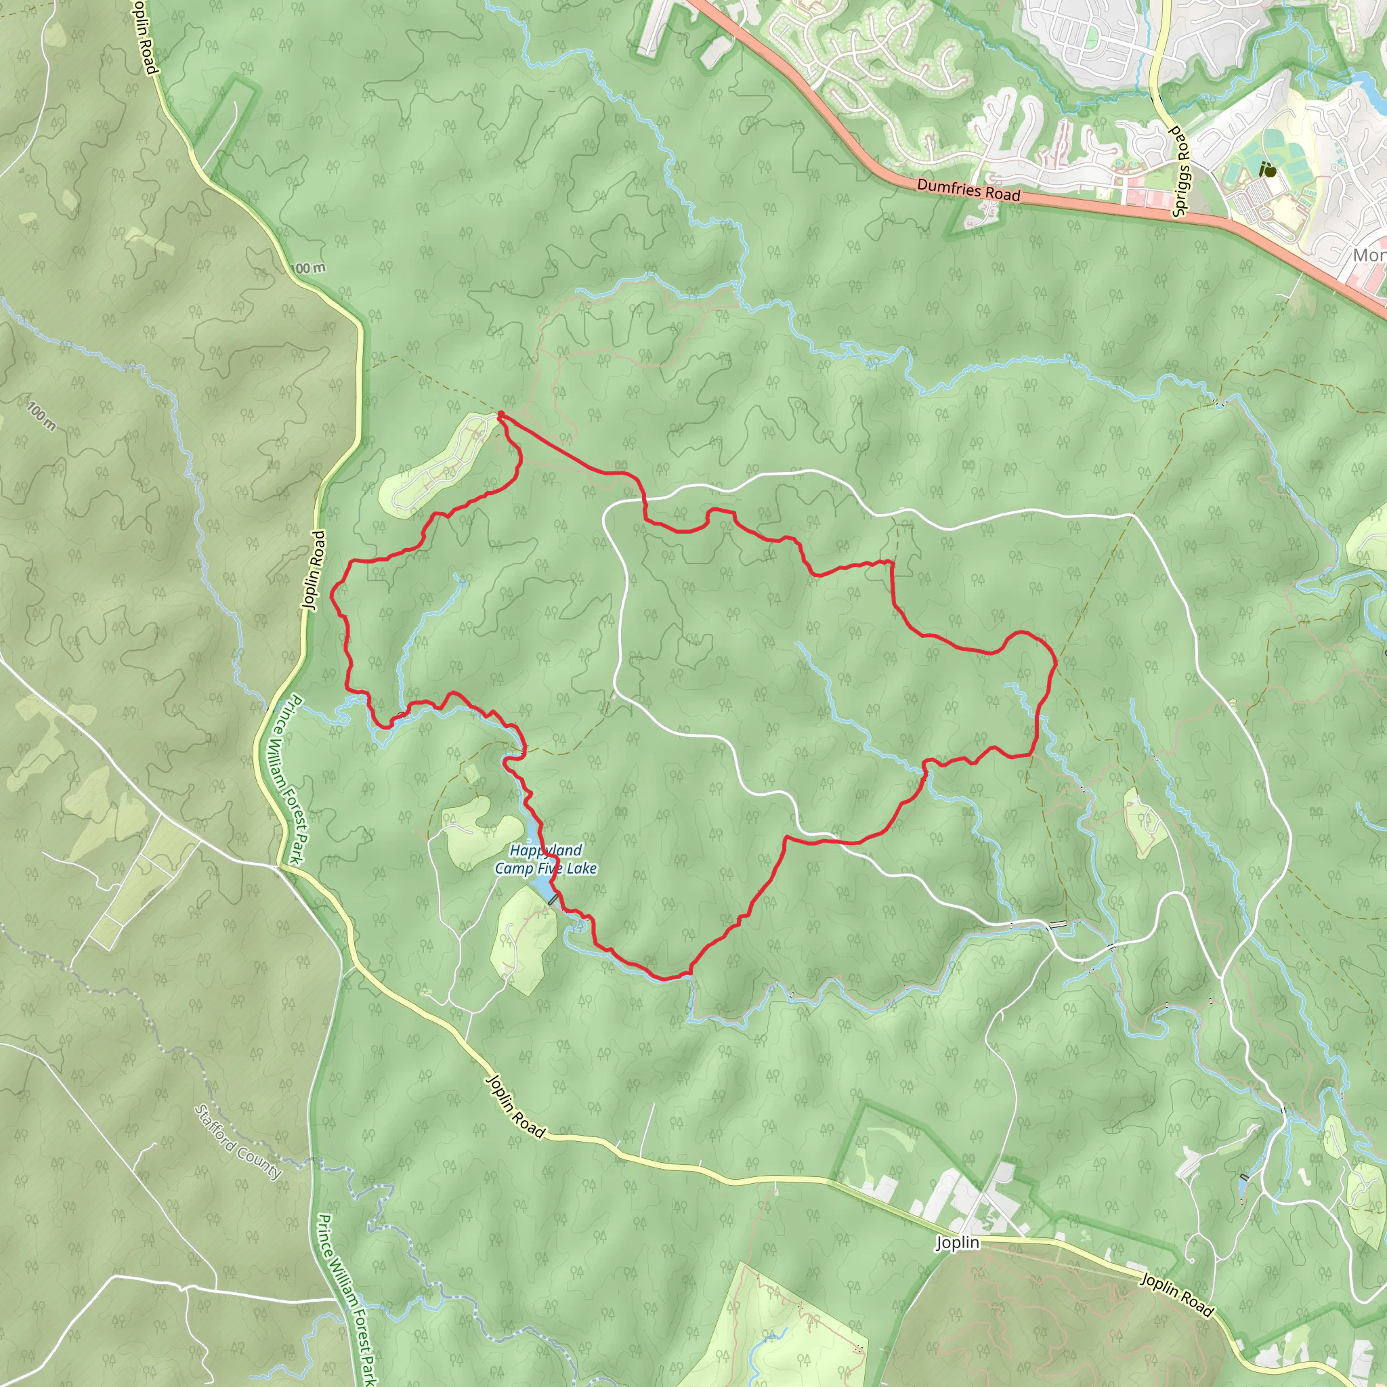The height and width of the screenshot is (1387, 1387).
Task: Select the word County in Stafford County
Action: (261, 1161)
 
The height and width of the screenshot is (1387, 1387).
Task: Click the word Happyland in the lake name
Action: (546, 851)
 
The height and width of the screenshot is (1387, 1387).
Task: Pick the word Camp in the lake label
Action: (514, 869)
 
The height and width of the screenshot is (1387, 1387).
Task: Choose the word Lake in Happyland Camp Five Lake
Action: (582, 869)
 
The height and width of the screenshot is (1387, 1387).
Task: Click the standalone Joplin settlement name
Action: (957, 1243)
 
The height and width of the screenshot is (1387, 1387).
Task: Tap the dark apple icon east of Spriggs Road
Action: (1268, 170)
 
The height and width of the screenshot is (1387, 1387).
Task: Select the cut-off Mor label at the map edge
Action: (1369, 255)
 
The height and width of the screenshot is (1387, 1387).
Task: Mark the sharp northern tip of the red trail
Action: (500, 414)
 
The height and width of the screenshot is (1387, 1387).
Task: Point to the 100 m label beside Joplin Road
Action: (310, 268)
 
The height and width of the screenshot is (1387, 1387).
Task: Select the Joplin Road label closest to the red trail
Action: (314, 571)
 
